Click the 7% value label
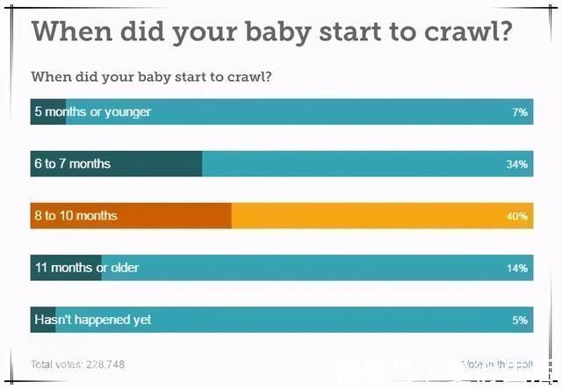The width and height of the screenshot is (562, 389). click(520, 112)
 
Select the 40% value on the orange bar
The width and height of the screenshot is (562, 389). click(517, 216)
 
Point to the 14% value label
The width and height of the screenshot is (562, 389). click(517, 268)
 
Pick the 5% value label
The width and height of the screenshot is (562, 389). click(520, 320)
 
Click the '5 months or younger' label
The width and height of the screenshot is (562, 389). click(92, 112)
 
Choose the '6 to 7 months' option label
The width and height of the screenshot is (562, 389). click(72, 164)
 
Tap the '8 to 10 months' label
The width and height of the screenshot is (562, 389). click(76, 216)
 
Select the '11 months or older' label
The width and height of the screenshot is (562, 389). click(86, 268)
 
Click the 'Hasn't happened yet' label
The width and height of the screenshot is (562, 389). click(92, 320)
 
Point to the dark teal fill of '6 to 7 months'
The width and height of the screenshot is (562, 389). click(158, 164)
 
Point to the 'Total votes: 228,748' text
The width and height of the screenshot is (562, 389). click(77, 364)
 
